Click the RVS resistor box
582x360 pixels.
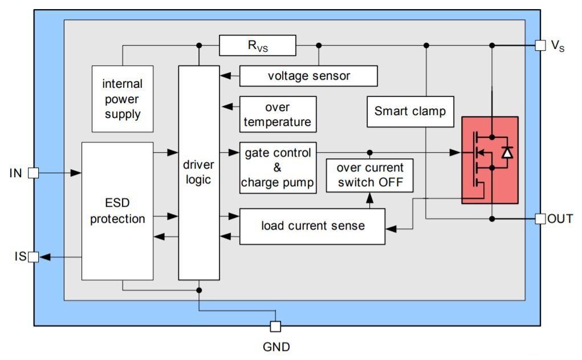[x=258, y=46]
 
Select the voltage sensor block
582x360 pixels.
[x=308, y=76]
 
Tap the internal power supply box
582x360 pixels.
[x=122, y=99]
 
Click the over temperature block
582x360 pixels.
[x=278, y=114]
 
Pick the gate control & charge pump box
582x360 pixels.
[x=278, y=167]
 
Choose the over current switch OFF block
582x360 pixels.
[x=369, y=175]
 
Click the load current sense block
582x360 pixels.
[x=312, y=226]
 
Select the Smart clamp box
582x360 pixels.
[x=410, y=111]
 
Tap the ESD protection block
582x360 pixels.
[x=117, y=211]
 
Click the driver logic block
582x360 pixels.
[x=199, y=173]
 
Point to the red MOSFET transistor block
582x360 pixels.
[x=490, y=160]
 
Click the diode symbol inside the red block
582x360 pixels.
[x=507, y=152]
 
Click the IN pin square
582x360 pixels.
[x=34, y=173]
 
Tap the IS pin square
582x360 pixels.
[x=34, y=257]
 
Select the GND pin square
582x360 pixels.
[x=275, y=326]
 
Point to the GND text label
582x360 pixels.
[x=276, y=346]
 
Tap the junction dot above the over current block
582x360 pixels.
[x=369, y=152]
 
